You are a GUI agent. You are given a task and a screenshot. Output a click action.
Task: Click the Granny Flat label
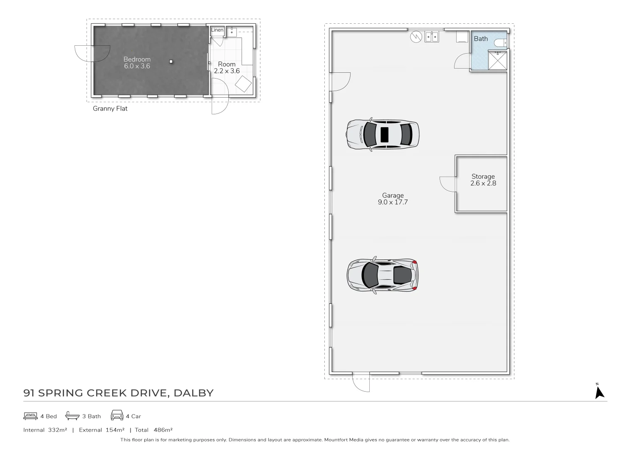click(110, 109)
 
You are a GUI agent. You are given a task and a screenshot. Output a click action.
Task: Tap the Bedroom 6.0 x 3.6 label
click(137, 63)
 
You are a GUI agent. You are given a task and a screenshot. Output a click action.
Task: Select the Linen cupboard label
click(217, 30)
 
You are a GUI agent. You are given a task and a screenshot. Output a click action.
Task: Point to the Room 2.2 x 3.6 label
click(227, 67)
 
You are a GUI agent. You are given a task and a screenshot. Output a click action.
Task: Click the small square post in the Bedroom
click(170, 62)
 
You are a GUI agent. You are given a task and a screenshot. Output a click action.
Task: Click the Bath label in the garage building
click(481, 39)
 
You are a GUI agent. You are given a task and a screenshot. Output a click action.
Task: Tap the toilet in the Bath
click(501, 42)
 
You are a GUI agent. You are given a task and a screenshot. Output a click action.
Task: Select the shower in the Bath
click(497, 60)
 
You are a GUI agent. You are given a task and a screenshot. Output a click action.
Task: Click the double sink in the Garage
click(432, 37)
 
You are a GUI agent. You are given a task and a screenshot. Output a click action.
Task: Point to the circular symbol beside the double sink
click(416, 37)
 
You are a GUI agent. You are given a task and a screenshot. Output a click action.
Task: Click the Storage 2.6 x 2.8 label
click(483, 180)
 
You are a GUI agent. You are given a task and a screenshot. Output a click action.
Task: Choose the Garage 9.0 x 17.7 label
click(393, 199)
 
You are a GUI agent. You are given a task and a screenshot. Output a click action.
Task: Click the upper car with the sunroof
click(383, 134)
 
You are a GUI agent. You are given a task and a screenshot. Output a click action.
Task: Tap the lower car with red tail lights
click(383, 275)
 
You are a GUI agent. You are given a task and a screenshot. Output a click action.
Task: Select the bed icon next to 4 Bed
click(30, 416)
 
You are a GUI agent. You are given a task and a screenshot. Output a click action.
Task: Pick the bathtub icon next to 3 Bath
click(72, 416)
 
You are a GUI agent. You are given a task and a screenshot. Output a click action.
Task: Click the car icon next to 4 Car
click(117, 416)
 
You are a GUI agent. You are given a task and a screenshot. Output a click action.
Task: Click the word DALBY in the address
click(193, 393)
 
